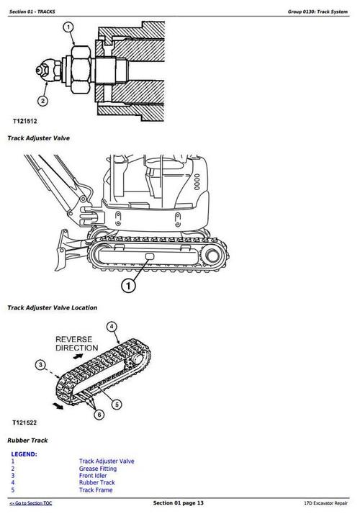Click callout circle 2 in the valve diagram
42,101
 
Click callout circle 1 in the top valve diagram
68,28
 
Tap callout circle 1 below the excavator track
128,287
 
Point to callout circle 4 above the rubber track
112,327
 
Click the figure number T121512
24,122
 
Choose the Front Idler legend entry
93,475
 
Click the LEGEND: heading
24,454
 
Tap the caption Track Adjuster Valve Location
52,307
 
